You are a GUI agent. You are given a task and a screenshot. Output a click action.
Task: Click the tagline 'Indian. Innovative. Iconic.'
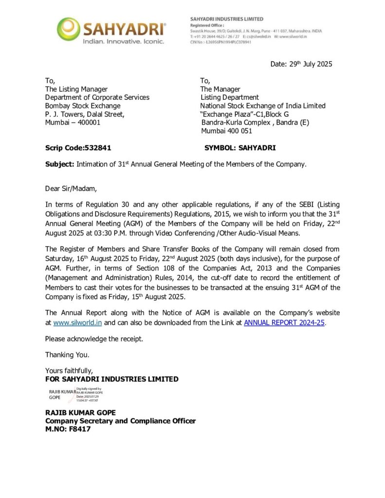click(x=123, y=42)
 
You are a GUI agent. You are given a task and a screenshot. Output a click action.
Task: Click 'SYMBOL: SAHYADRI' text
click(x=240, y=148)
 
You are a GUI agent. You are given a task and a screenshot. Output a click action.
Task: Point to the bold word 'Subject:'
click(x=60, y=164)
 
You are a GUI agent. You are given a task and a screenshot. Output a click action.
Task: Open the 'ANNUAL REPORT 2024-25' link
click(x=284, y=322)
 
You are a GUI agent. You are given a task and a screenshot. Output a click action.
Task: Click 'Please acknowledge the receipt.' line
click(x=94, y=338)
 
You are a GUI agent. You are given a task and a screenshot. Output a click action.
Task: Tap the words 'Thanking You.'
click(x=67, y=355)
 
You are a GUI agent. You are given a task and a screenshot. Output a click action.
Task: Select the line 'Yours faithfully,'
click(x=69, y=371)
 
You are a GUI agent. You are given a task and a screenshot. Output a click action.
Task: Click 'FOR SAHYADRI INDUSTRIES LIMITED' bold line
click(x=111, y=379)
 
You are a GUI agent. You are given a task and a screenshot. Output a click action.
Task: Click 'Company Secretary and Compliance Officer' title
click(x=120, y=421)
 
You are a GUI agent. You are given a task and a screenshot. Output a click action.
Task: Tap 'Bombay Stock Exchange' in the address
click(x=83, y=106)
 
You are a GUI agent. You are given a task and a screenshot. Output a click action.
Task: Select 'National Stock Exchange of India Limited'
click(x=263, y=106)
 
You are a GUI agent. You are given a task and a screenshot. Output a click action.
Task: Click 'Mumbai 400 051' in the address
click(x=227, y=131)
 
